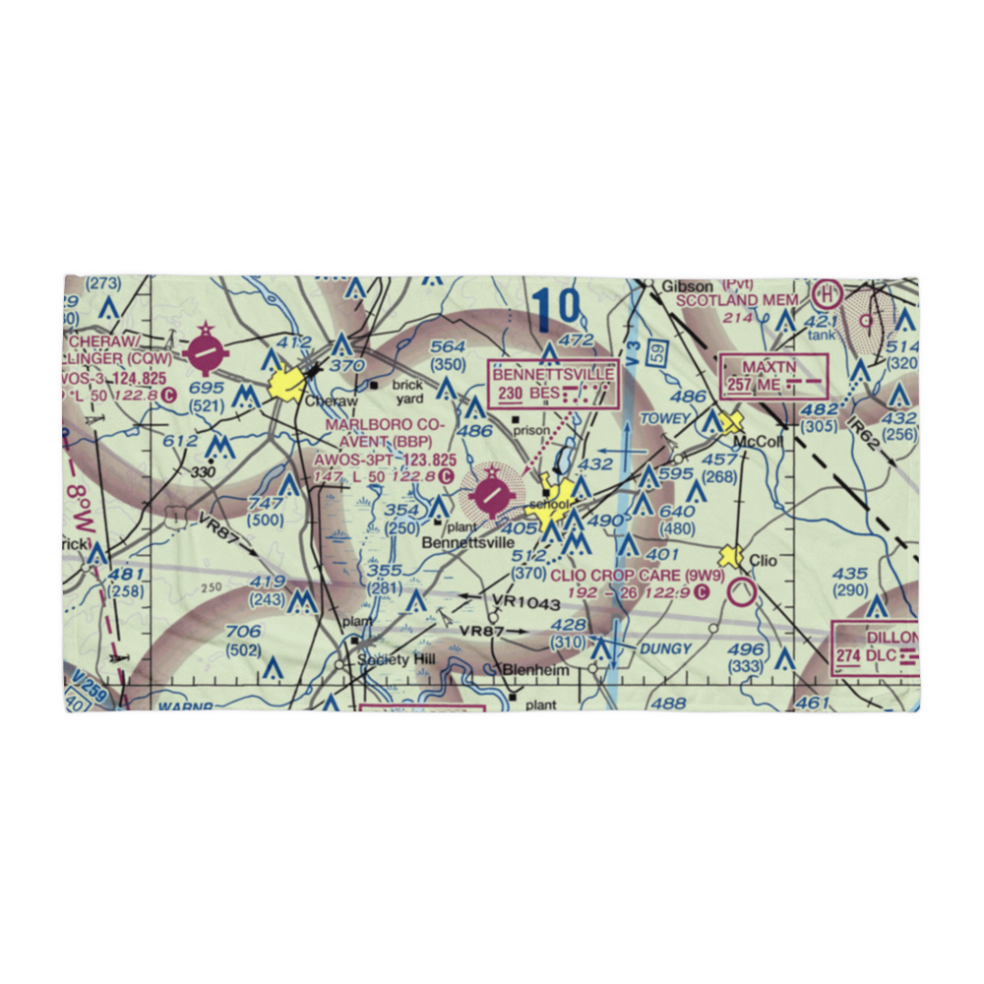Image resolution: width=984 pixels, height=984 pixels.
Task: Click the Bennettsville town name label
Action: (466, 542)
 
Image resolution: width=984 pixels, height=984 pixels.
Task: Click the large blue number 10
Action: (556, 310)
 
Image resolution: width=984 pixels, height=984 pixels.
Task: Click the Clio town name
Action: (764, 561)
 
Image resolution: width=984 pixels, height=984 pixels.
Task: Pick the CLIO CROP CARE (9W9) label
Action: (637, 576)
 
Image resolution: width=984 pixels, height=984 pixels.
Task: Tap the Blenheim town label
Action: (535, 670)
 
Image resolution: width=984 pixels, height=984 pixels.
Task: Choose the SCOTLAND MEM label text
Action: (744, 300)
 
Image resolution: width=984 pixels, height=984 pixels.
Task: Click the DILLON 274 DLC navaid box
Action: (877, 646)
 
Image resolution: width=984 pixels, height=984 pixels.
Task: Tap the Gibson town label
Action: (686, 286)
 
